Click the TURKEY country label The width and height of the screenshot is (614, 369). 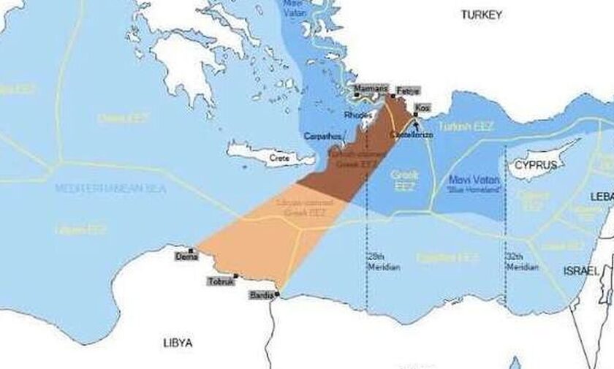[x=482, y=14]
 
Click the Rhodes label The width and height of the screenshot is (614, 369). [x=357, y=115]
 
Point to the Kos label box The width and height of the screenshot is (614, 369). [x=422, y=107]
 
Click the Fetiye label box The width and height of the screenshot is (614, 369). [x=408, y=91]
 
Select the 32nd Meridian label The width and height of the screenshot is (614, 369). [x=521, y=262]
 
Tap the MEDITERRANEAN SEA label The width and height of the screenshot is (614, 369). [x=110, y=189]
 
